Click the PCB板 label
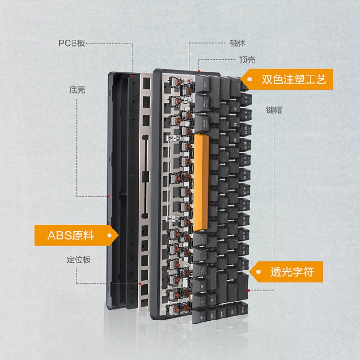click(x=72, y=43)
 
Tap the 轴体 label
click(x=238, y=43)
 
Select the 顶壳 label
click(x=247, y=60)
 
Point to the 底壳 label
click(x=77, y=90)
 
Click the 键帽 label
click(x=274, y=110)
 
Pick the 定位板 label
click(x=79, y=260)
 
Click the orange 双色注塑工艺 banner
click(x=287, y=79)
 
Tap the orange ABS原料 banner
click(x=76, y=235)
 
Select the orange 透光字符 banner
click(x=286, y=272)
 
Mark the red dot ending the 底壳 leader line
click(x=108, y=196)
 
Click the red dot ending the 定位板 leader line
click(x=140, y=284)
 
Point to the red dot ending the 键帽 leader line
click(x=249, y=290)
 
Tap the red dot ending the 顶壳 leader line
click(x=199, y=71)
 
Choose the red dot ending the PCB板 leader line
click(x=132, y=76)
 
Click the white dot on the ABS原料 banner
click(x=109, y=235)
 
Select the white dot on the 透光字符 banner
click(x=258, y=272)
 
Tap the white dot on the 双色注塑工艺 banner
click(x=250, y=80)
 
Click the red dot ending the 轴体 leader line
click(x=189, y=81)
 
